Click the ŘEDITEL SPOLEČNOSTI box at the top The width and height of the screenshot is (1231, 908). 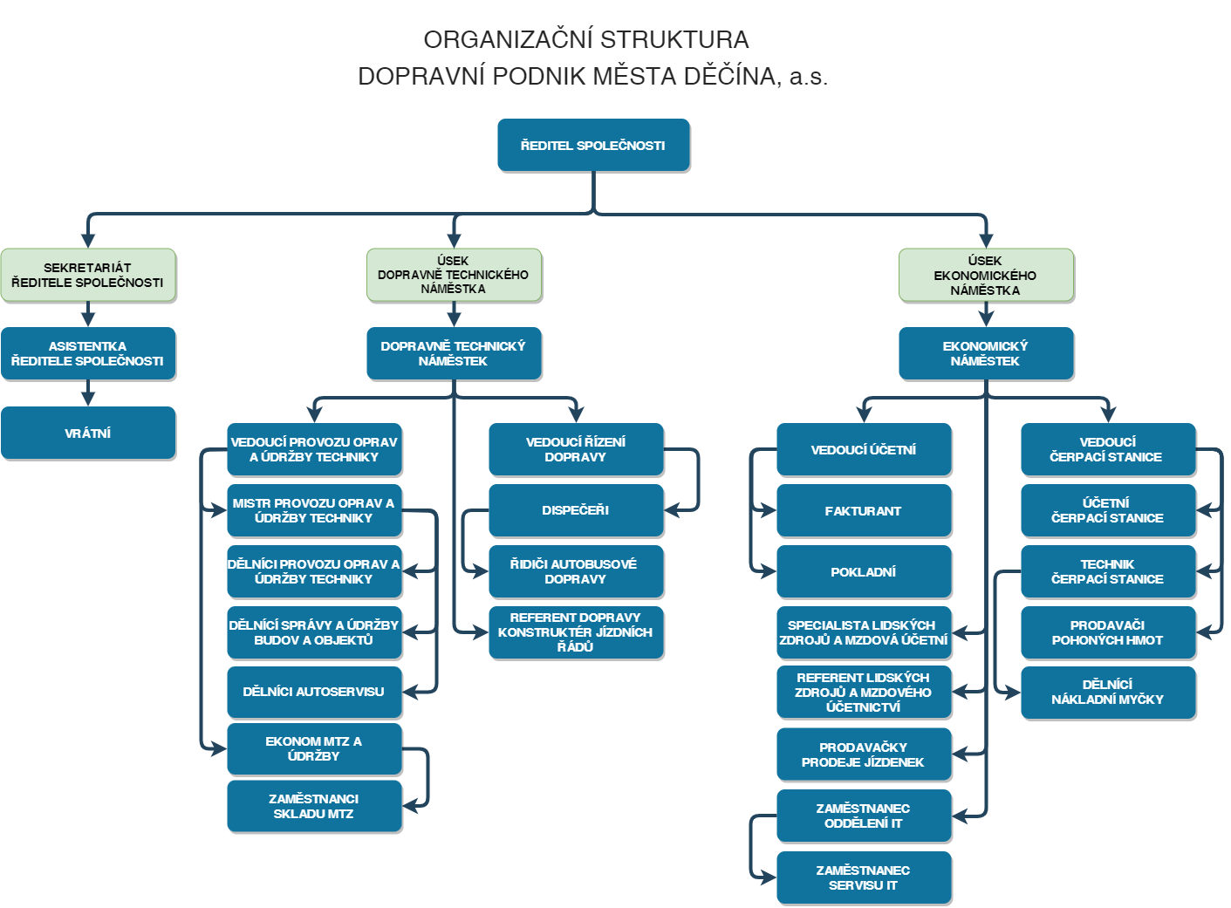point(592,145)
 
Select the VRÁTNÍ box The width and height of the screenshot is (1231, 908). point(88,433)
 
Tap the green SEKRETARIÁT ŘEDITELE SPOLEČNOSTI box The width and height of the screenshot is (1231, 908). point(88,275)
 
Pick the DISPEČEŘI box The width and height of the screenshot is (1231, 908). point(576,510)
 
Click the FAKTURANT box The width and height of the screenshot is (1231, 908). point(864,510)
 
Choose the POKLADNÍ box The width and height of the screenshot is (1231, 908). point(864,571)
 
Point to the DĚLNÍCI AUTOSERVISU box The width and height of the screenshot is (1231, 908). point(314,692)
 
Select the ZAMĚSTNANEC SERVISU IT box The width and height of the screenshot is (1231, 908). point(864,877)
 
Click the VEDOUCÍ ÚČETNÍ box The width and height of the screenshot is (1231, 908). point(864,449)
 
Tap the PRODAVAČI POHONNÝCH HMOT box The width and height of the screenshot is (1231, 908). point(1108,632)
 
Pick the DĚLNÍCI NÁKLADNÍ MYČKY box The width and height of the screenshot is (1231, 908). point(1108,692)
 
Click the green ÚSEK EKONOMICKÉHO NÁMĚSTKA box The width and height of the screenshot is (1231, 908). point(986,275)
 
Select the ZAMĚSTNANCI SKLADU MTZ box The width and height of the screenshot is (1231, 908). point(314,806)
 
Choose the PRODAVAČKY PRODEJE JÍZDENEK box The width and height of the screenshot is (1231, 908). point(864,754)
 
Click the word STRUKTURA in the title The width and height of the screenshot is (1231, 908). point(674,39)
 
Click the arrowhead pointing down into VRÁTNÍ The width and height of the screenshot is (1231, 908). point(88,399)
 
